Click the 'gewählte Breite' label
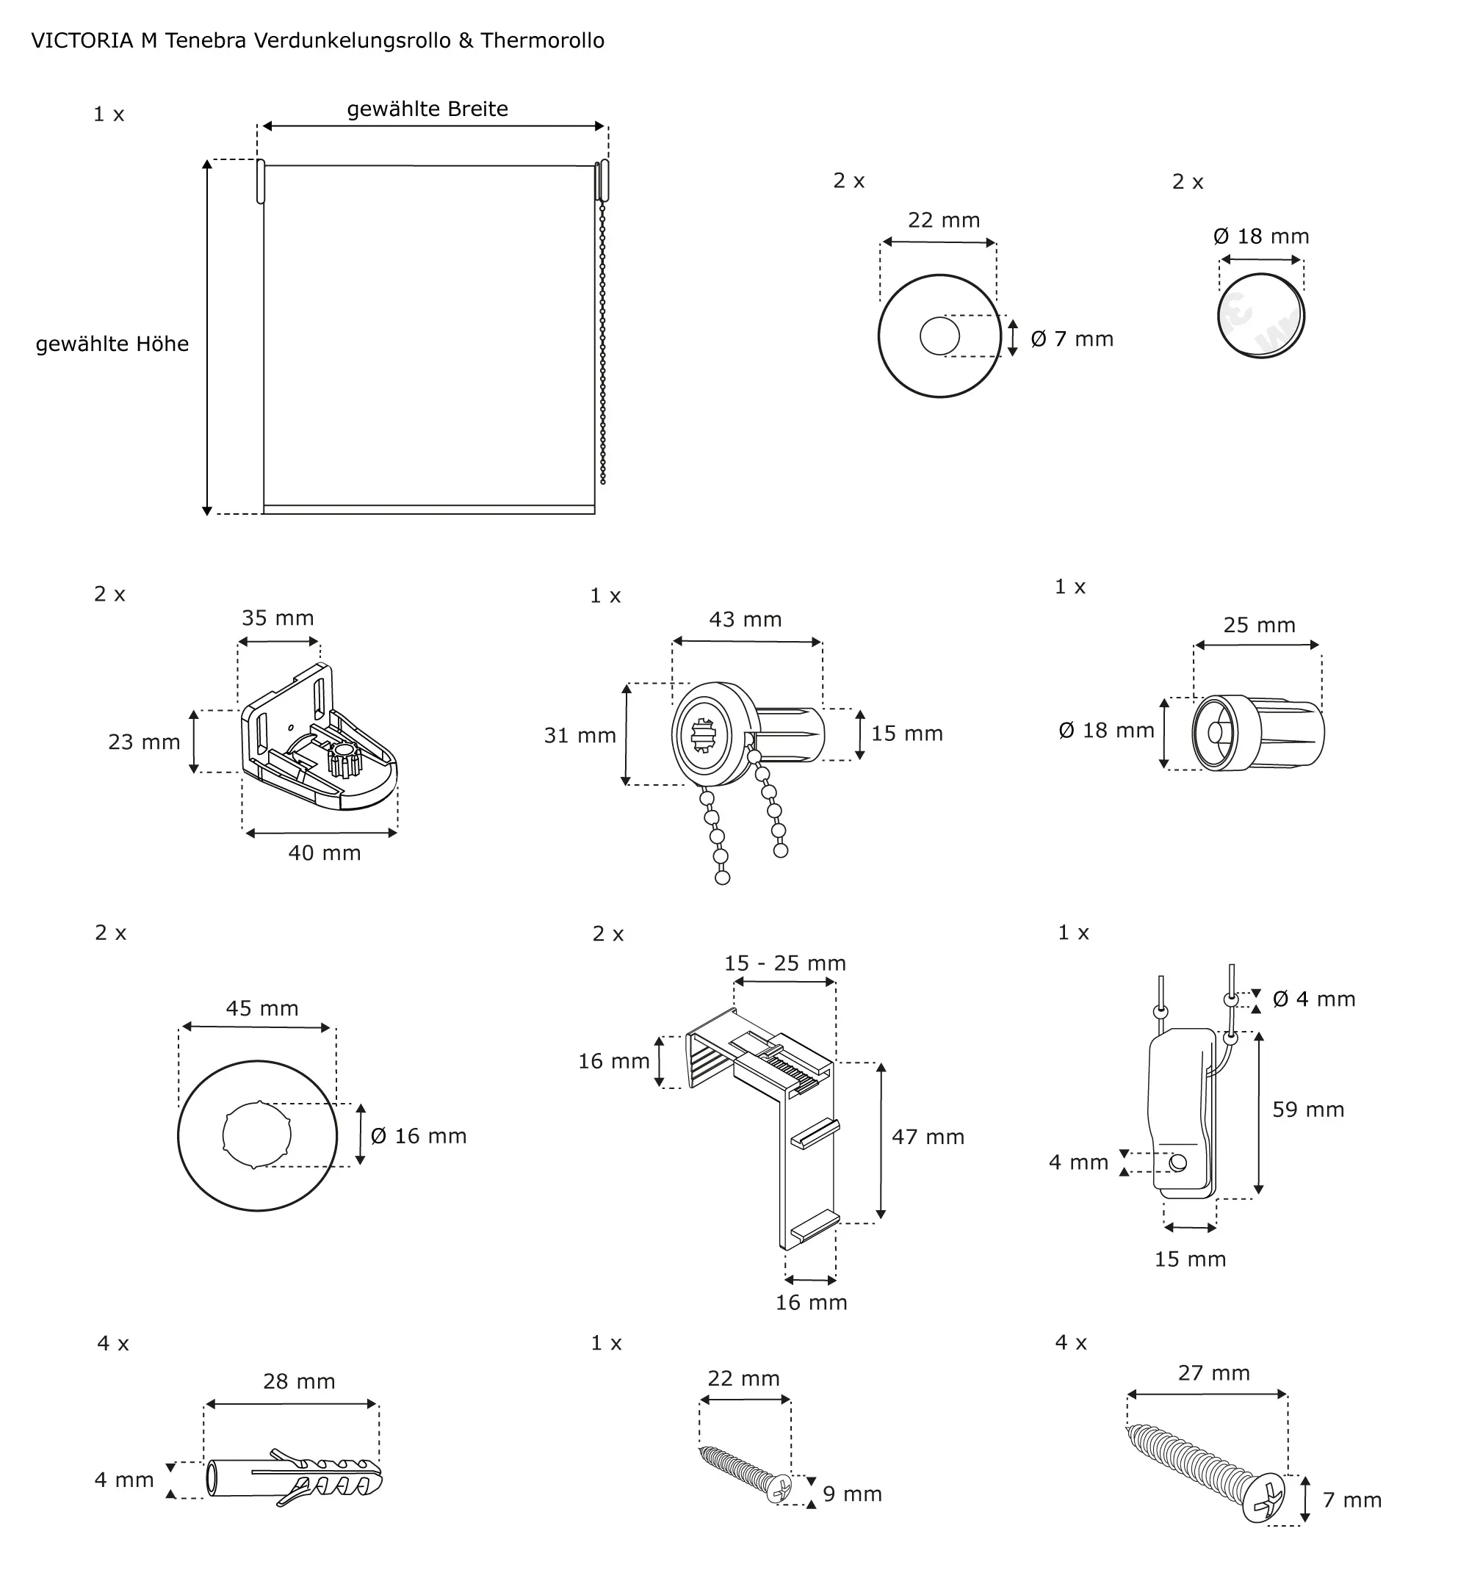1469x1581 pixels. pyautogui.click(x=427, y=109)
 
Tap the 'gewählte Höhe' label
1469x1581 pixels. pyautogui.click(x=112, y=344)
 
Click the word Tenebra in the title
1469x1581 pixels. pyautogui.click(x=205, y=40)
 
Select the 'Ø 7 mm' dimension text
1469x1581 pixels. pyautogui.click(x=1071, y=339)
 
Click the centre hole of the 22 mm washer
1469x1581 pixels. pyautogui.click(x=939, y=336)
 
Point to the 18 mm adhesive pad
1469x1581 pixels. pyautogui.click(x=1260, y=316)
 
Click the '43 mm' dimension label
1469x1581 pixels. pyautogui.click(x=745, y=619)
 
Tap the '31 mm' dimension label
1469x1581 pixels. pyautogui.click(x=580, y=736)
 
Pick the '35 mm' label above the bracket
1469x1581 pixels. pyautogui.click(x=278, y=618)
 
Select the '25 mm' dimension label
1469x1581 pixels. pyautogui.click(x=1258, y=625)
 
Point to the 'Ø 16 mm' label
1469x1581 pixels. pyautogui.click(x=418, y=1136)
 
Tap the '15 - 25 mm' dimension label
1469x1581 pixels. pyautogui.click(x=784, y=963)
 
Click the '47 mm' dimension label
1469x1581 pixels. pyautogui.click(x=928, y=1137)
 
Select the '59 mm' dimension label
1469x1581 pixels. pyautogui.click(x=1307, y=1110)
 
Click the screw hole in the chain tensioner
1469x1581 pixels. pyautogui.click(x=1178, y=1163)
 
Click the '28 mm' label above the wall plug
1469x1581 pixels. pyautogui.click(x=299, y=1381)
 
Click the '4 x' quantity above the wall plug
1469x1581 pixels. pyautogui.click(x=113, y=1343)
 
